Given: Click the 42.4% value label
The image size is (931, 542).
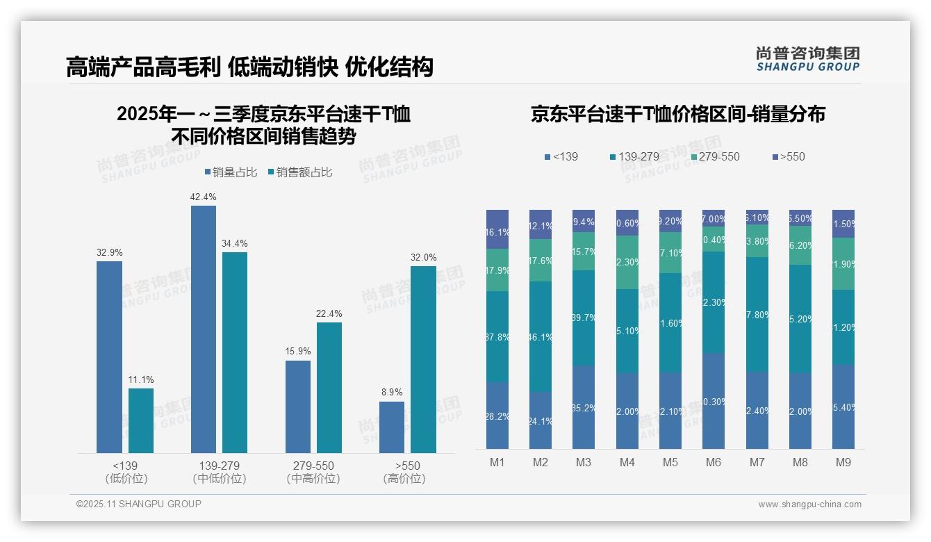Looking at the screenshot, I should (x=203, y=197).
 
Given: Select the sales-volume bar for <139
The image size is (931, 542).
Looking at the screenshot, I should (x=109, y=357).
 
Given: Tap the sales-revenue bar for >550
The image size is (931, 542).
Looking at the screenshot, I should (x=423, y=359).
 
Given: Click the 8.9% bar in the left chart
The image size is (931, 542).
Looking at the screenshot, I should (x=392, y=427).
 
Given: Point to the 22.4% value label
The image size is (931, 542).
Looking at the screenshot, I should (x=329, y=314).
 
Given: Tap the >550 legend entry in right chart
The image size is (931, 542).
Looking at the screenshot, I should (x=789, y=157).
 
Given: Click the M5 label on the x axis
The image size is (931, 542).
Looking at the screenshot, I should (x=670, y=462).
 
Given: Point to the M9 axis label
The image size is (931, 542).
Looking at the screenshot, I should (x=843, y=462).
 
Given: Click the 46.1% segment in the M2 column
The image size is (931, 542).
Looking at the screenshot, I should (x=541, y=336).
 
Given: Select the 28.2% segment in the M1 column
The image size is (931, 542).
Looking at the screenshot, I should (x=497, y=416).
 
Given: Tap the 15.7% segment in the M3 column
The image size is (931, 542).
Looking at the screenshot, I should (x=584, y=251).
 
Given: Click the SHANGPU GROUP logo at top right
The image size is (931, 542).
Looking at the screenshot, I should (x=807, y=59).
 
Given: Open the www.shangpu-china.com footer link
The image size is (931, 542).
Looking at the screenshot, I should (x=809, y=504).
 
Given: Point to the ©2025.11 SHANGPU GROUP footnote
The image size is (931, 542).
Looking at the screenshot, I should (x=139, y=504).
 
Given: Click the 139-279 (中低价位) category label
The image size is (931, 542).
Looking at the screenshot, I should (x=220, y=472).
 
